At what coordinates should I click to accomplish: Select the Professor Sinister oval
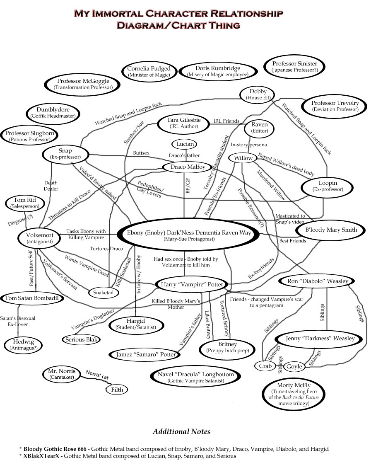(294, 67)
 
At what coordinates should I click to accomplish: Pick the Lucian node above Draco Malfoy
(185, 144)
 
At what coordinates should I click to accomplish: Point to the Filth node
(117, 390)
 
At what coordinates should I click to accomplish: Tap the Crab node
(265, 366)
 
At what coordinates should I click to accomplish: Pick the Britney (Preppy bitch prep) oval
(227, 347)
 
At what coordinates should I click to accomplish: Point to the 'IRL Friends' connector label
(226, 121)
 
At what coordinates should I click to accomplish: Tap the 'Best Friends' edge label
(292, 240)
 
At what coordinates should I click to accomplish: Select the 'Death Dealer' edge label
(51, 186)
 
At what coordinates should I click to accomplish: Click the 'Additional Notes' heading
(181, 431)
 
